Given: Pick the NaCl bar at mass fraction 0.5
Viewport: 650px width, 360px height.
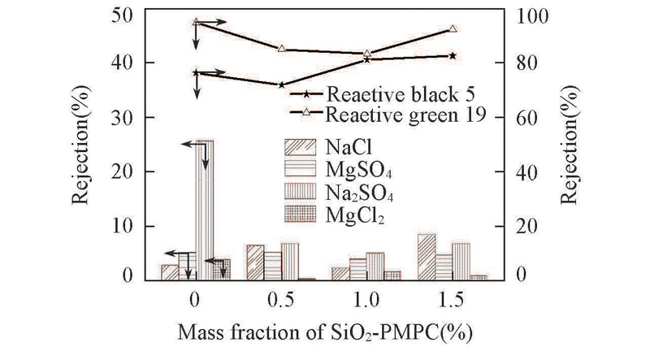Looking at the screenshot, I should pyautogui.click(x=255, y=262).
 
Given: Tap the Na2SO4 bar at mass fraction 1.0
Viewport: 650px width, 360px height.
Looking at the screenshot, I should pyautogui.click(x=375, y=266).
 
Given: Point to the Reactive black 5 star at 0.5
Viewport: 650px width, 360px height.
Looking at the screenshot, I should pyautogui.click(x=281, y=85).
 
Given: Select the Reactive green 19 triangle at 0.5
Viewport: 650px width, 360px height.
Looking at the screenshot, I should pyautogui.click(x=281, y=49).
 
